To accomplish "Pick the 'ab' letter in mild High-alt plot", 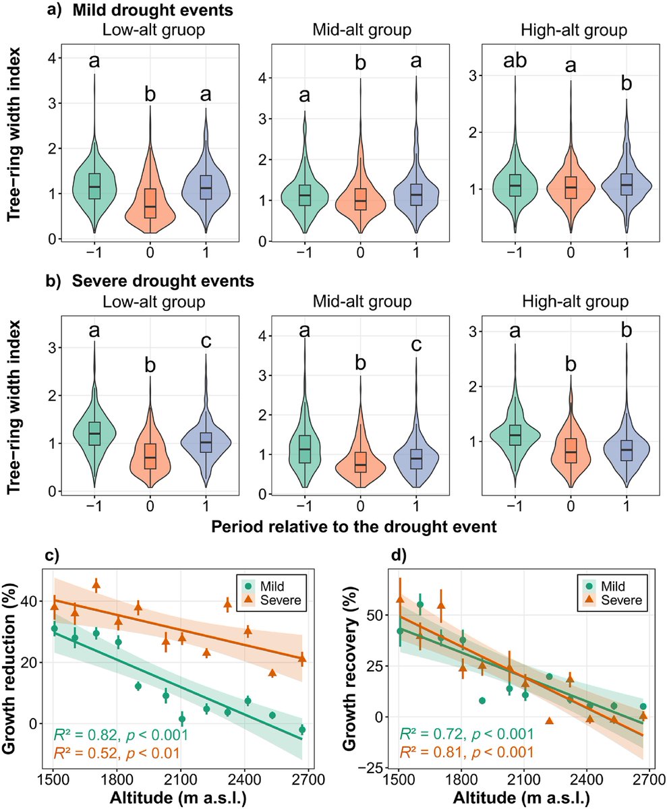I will coord(515,63).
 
